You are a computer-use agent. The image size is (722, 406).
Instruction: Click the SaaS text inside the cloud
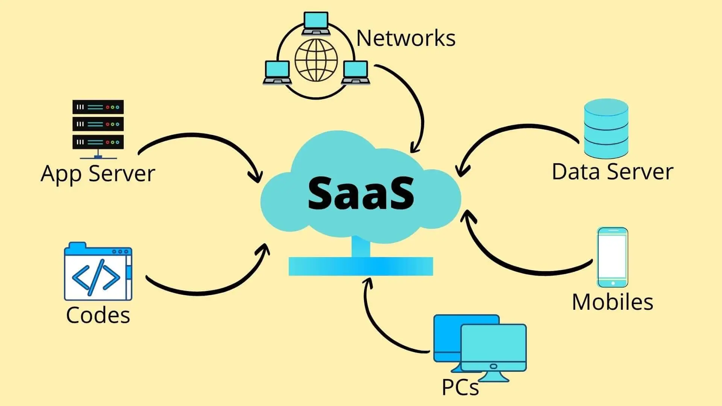[x=361, y=194]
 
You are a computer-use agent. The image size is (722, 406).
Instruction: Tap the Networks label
[x=405, y=38]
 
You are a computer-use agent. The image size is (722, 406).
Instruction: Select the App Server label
[x=98, y=174]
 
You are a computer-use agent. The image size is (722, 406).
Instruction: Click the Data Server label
[x=612, y=172]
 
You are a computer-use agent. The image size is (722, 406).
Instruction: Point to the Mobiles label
[x=612, y=302]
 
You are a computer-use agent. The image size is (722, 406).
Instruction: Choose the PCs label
[x=460, y=387]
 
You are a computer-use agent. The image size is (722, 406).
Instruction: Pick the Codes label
[x=98, y=315]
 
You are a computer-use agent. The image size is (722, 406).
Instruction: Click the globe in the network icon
[x=316, y=60]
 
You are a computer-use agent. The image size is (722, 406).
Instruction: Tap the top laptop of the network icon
[x=316, y=23]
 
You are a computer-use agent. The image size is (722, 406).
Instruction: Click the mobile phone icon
[x=613, y=257]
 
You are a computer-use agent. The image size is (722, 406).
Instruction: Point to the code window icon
[x=98, y=271]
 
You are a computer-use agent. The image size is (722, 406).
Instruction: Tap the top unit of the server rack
[x=98, y=107]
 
